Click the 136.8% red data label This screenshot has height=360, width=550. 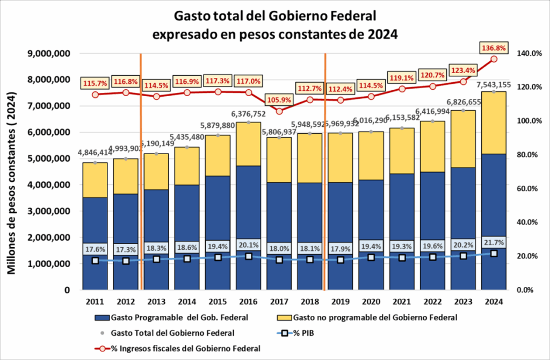(493, 48)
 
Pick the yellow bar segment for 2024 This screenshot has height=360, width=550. (494, 123)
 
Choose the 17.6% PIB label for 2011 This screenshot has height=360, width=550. (95, 249)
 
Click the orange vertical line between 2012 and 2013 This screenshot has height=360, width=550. (141, 161)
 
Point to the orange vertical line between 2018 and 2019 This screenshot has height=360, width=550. (325, 161)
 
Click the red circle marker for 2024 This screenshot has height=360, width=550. (494, 59)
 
